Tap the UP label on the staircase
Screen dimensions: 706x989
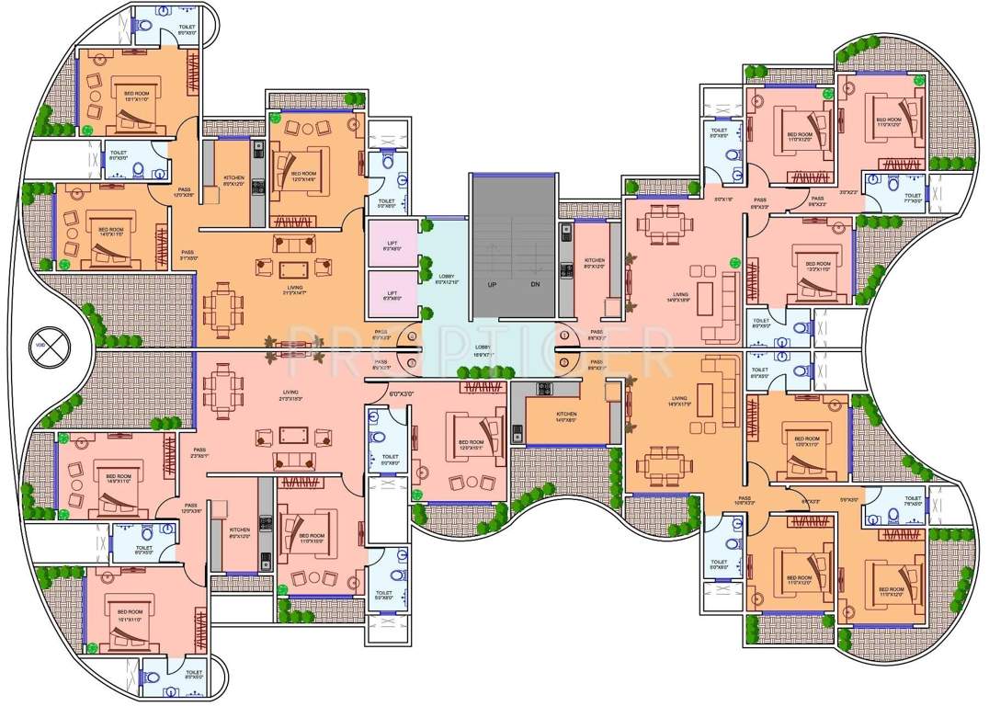(x=493, y=285)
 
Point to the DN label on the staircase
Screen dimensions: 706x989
(x=535, y=285)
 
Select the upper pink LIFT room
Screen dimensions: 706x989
(x=393, y=245)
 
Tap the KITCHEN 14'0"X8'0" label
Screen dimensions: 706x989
(x=565, y=417)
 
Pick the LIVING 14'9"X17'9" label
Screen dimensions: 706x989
(x=681, y=401)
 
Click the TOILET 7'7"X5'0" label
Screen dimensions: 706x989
(x=912, y=198)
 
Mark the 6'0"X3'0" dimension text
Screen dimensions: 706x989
(x=402, y=393)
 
